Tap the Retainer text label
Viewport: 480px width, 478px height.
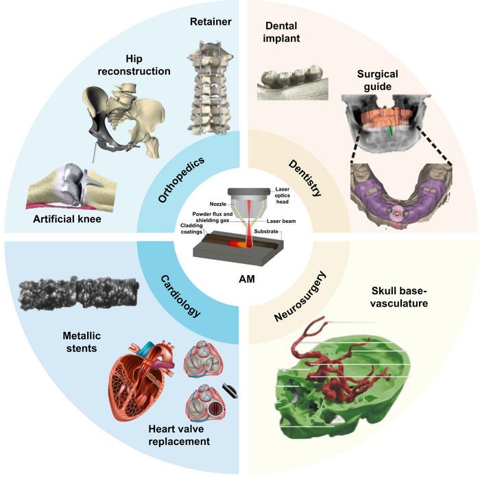pos(211,23)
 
